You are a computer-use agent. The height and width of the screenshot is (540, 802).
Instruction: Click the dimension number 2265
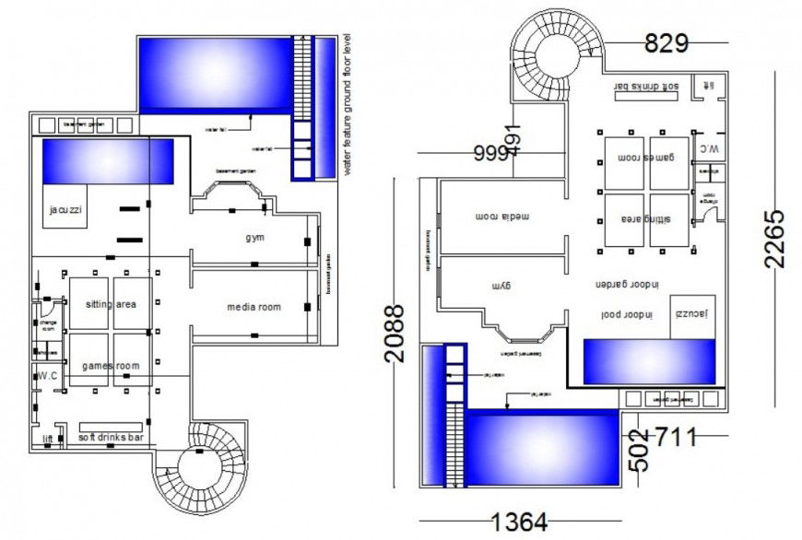coord(776,237)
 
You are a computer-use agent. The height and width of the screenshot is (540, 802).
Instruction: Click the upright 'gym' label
coord(254,238)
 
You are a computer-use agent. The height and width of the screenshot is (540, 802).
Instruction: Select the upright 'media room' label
coord(254,307)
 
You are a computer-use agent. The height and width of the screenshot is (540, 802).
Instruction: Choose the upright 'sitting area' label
coord(112,304)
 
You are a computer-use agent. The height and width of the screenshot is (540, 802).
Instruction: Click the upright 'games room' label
coord(112,366)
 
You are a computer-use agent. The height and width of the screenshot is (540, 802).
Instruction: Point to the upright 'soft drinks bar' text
coord(111,436)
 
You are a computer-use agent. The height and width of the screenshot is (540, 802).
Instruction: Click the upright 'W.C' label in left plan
coord(47,375)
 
